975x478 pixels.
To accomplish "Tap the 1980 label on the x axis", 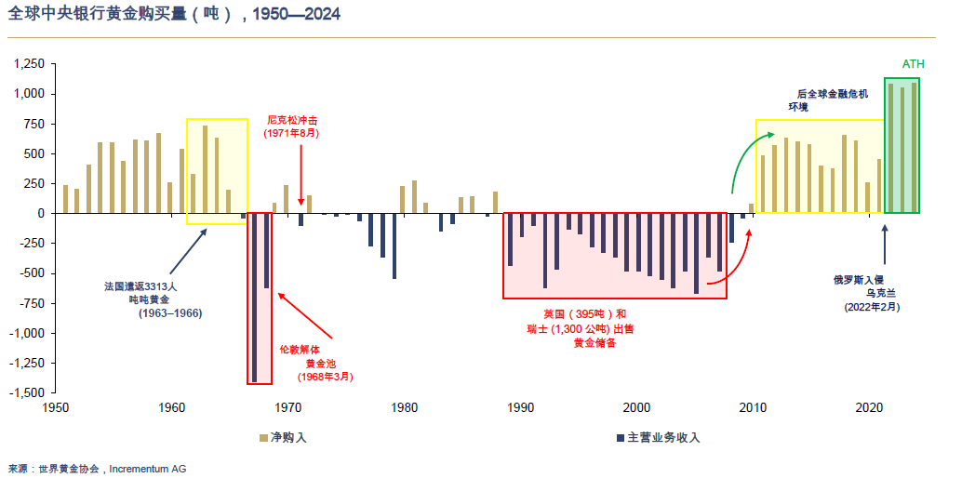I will pyautogui.click(x=404, y=408).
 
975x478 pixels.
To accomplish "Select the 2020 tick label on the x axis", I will pyautogui.click(x=869, y=408).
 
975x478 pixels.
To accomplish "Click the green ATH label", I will pyautogui.click(x=914, y=65).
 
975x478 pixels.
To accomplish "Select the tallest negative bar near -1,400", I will pyautogui.click(x=254, y=298).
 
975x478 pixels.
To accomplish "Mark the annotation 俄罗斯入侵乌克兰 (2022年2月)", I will pyautogui.click(x=871, y=292).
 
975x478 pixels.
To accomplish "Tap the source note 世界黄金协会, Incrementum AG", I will pyautogui.click(x=97, y=469).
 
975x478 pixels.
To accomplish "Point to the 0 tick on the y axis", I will pyautogui.click(x=40, y=213).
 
